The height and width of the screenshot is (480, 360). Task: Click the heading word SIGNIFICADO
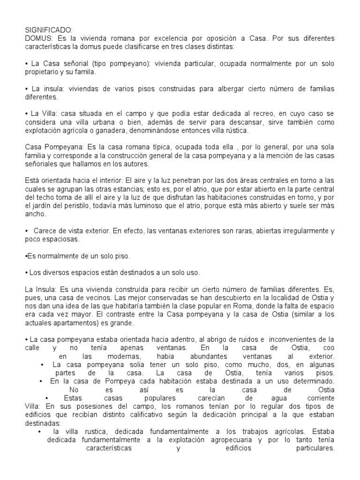48,30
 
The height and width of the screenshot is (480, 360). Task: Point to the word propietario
44,73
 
